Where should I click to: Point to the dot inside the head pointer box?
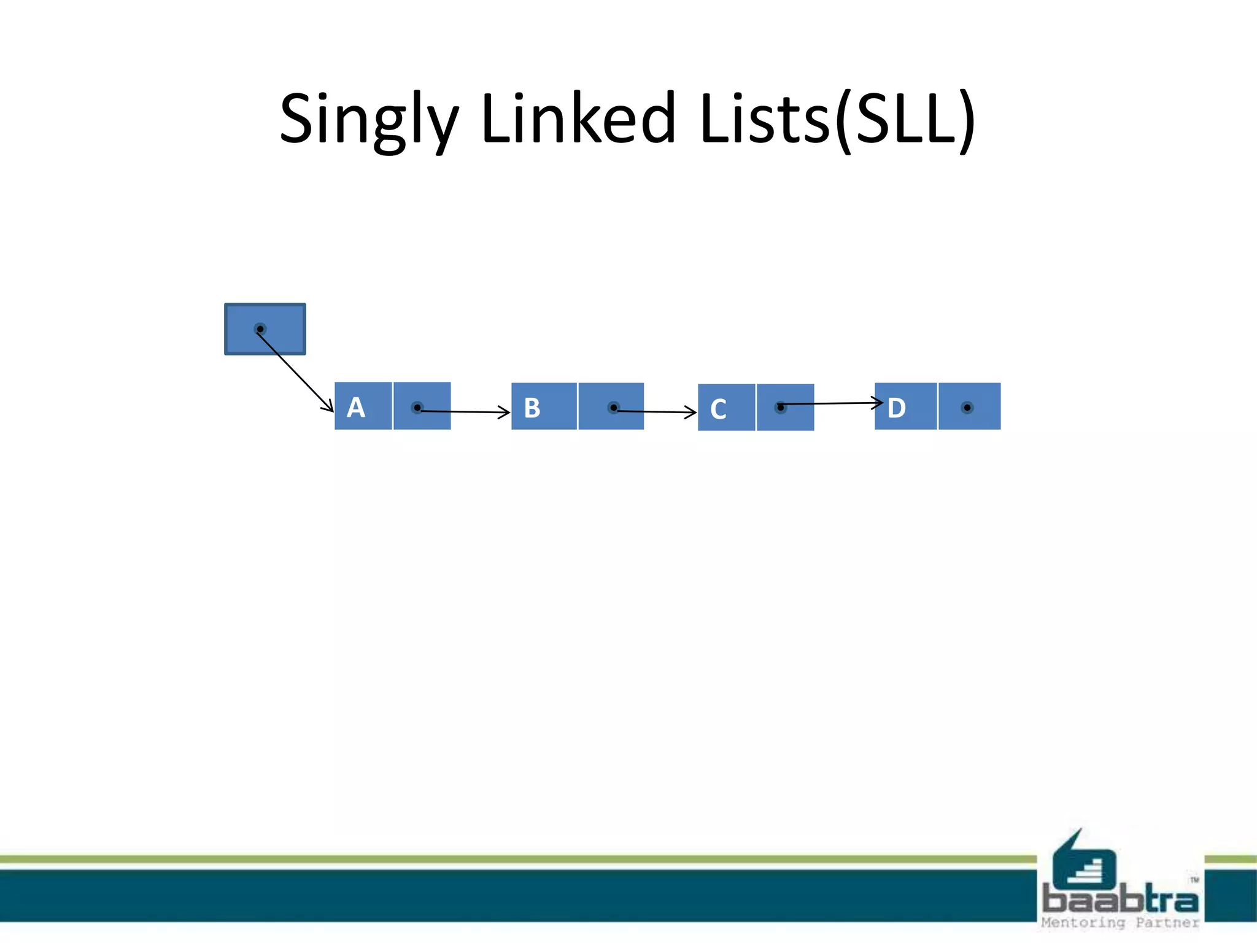260,329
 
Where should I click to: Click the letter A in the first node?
356,408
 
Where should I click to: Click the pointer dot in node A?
417,408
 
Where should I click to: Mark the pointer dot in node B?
613,408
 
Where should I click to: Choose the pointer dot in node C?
780,407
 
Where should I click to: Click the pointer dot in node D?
967,408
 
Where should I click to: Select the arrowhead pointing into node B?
505,412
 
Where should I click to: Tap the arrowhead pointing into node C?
691,412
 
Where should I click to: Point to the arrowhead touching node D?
878,403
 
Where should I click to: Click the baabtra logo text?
1120,900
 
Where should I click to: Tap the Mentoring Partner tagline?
1120,923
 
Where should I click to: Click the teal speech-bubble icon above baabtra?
1083,860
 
